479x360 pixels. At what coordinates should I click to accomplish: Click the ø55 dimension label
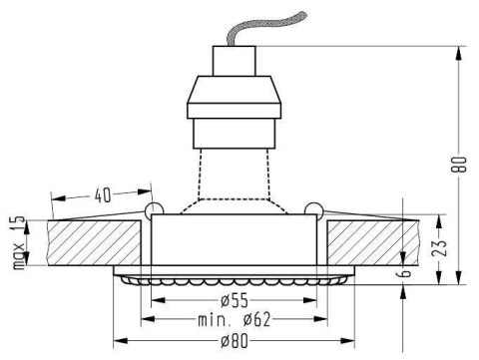pyautogui.click(x=235, y=300)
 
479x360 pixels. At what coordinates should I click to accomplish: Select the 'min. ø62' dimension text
pyautogui.click(x=235, y=320)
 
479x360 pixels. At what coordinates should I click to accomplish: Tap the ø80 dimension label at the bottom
pyautogui.click(x=235, y=341)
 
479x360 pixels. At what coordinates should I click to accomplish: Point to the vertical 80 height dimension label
pyautogui.click(x=459, y=165)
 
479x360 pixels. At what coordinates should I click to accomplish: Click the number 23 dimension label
pyautogui.click(x=439, y=247)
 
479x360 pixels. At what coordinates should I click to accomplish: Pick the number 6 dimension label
pyautogui.click(x=404, y=273)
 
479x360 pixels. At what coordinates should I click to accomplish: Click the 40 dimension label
pyautogui.click(x=103, y=195)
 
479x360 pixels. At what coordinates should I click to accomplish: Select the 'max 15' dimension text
pyautogui.click(x=19, y=242)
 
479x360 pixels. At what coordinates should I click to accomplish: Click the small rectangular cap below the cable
pyautogui.click(x=235, y=61)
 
